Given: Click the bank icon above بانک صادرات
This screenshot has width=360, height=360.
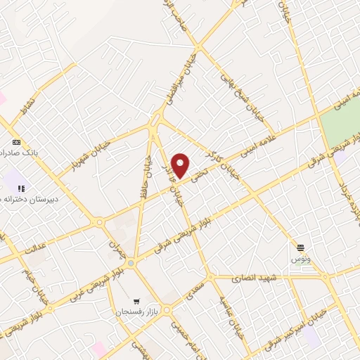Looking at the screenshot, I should [x=16, y=141].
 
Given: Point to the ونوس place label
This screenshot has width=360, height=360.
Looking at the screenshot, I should [x=300, y=259].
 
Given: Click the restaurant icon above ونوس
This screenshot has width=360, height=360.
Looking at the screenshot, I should [x=301, y=247].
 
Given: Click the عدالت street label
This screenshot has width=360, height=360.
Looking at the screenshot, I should [x=35, y=248].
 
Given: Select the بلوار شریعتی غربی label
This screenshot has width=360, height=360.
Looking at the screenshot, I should [x=86, y=289].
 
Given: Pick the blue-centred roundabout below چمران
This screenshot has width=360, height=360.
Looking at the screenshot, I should [x=131, y=264].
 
